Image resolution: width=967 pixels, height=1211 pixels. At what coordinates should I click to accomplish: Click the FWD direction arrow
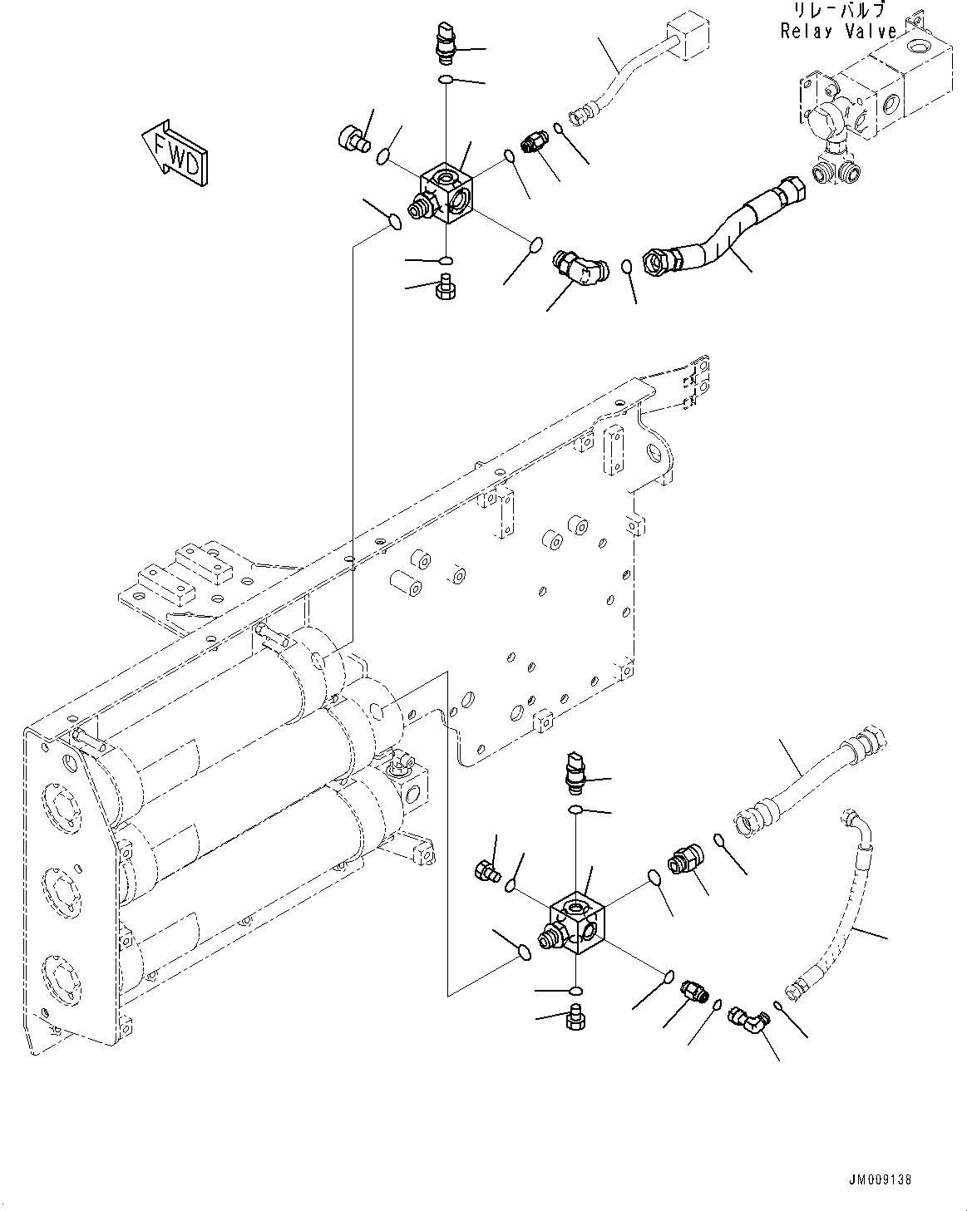tap(175, 153)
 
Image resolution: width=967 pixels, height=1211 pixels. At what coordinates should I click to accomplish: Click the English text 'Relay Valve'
tap(838, 31)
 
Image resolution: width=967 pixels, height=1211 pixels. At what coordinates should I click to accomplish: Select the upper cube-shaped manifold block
tap(446, 193)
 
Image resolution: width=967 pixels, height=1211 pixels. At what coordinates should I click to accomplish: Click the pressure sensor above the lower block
tap(574, 773)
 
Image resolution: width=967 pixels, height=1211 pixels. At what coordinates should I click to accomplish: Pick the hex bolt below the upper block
tap(446, 286)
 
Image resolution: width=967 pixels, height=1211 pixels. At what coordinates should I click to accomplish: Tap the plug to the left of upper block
tap(354, 139)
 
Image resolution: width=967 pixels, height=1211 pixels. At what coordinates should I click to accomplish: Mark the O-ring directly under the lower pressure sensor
tap(575, 810)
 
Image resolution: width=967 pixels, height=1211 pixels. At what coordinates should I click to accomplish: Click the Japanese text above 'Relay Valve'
tap(839, 10)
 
